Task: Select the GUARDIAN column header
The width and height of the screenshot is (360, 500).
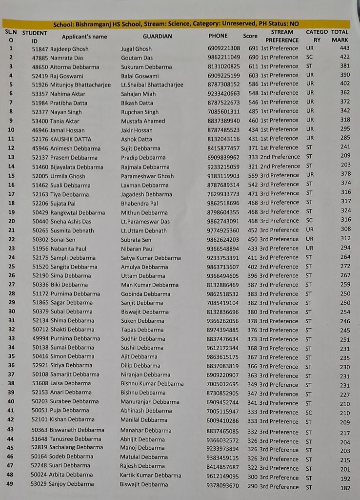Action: coord(157,36)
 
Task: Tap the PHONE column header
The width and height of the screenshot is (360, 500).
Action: coord(218,36)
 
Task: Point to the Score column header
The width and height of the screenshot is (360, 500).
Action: coord(250,36)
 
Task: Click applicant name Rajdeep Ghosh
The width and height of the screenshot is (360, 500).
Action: coord(69,49)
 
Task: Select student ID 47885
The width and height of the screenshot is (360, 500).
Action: coord(40,58)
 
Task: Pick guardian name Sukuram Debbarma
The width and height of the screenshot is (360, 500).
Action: coord(146,67)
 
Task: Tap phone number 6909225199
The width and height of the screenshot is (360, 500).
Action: coord(223,76)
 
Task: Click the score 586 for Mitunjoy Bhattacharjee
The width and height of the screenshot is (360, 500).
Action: coord(253,84)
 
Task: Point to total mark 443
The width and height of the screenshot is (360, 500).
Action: coord(345,48)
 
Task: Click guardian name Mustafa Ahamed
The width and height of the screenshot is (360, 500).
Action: coord(143,121)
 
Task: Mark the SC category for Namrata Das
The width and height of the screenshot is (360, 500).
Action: coord(310,57)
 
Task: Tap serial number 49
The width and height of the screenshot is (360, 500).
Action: coord(10,484)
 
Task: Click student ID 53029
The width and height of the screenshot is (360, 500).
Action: coord(39,484)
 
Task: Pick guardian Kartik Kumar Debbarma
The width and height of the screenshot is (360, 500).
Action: coord(150,475)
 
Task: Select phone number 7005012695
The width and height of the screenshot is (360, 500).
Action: coord(223,384)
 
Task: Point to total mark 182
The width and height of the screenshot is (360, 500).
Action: coord(345,488)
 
